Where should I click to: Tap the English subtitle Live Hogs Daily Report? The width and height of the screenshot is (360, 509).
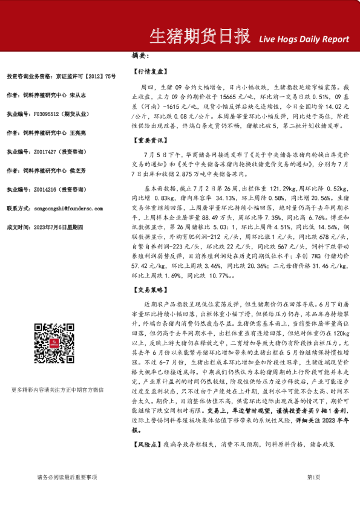304,39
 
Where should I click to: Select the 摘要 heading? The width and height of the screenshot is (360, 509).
140,56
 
